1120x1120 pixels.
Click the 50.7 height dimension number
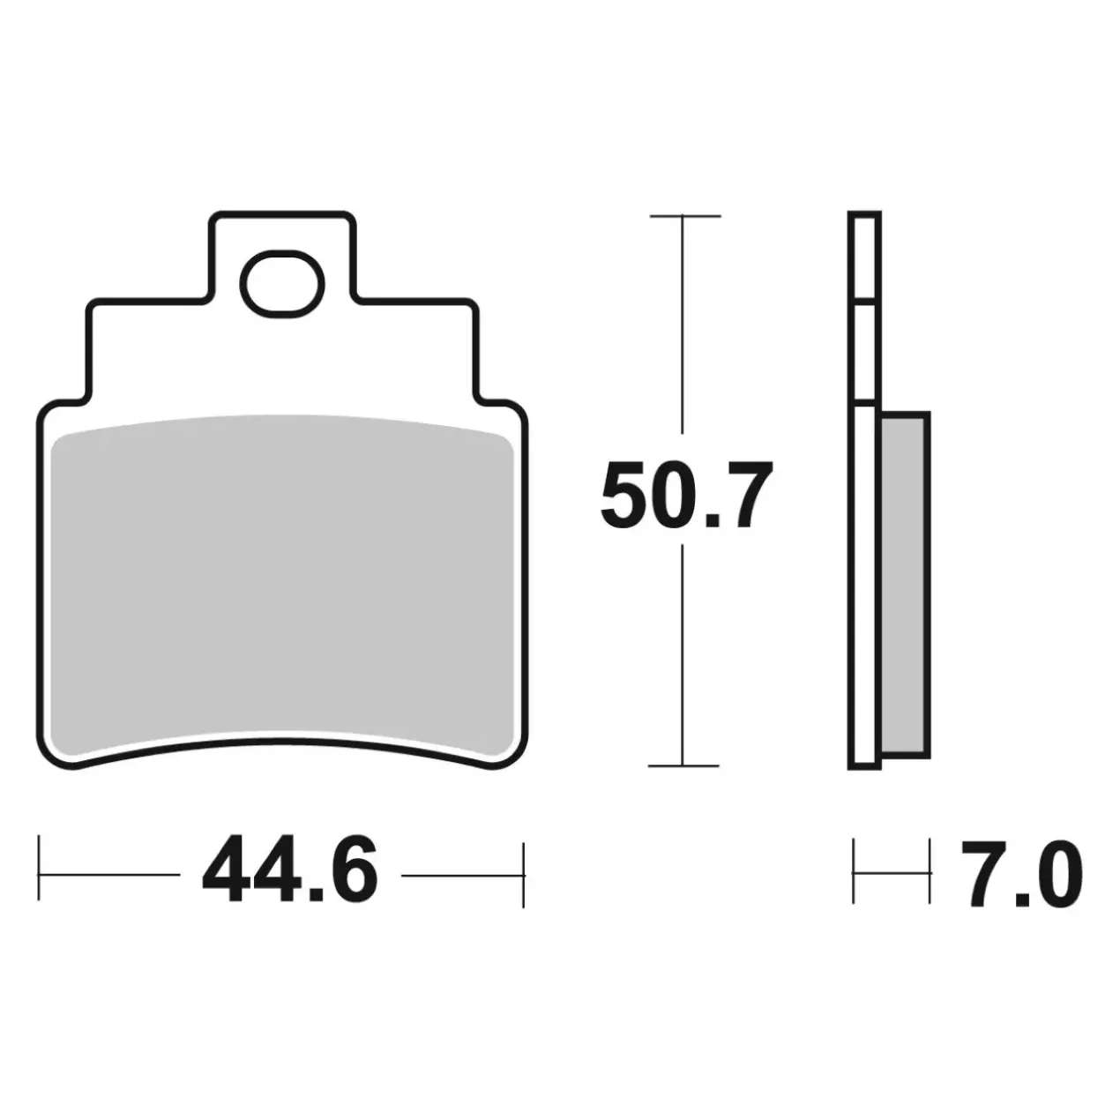[x=686, y=496]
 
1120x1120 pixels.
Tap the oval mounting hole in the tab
[x=282, y=284]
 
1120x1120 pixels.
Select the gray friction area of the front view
[x=282, y=587]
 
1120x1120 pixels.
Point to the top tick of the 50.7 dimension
[x=685, y=216]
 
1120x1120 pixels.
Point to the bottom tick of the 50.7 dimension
[x=684, y=766]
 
